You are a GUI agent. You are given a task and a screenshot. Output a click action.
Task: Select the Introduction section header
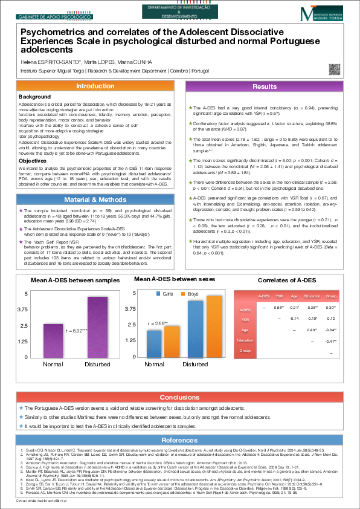[91, 87]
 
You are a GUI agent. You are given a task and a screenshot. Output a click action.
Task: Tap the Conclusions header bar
[180, 397]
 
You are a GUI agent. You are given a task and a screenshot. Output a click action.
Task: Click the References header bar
[180, 440]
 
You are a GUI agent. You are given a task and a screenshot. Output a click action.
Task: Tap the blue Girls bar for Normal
[155, 344]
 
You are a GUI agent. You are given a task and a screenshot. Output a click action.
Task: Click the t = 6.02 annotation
[77, 331]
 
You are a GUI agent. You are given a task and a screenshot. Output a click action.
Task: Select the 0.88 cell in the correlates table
[278, 308]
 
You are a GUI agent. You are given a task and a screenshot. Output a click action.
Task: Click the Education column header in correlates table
[312, 297]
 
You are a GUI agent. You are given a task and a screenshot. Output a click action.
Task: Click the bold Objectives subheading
[33, 144]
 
